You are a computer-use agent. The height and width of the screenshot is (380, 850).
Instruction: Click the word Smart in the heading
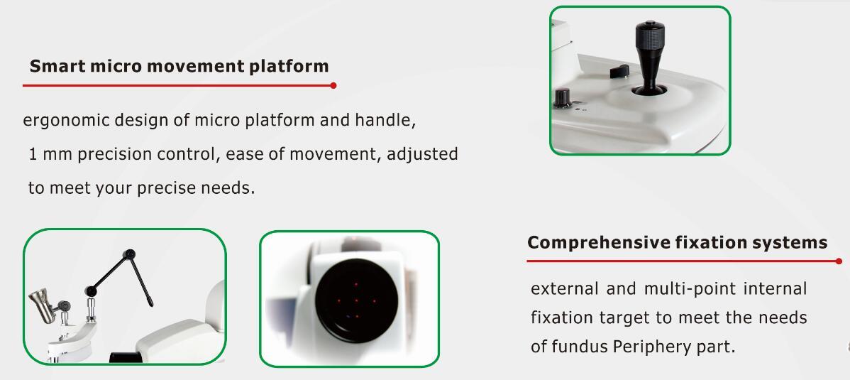[57, 66]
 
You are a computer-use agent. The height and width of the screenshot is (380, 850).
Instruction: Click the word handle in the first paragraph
[385, 119]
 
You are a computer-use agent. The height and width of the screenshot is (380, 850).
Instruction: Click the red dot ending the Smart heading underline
[333, 85]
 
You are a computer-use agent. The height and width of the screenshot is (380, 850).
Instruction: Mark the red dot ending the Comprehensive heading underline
[839, 261]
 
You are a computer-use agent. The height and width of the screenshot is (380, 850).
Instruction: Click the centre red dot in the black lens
[356, 300]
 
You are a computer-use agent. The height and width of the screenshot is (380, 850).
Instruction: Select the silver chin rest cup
[43, 305]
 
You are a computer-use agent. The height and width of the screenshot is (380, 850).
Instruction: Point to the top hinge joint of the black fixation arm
[129, 254]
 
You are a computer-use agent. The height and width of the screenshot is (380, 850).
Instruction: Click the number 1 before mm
[33, 155]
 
